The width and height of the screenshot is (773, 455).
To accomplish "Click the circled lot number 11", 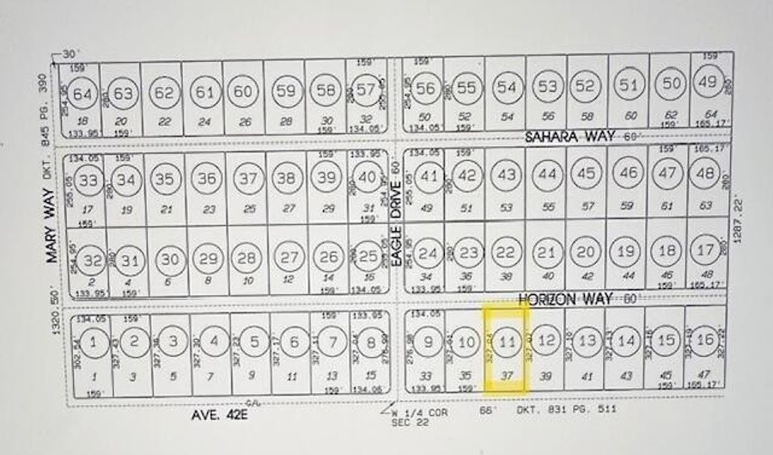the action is tap(507, 341).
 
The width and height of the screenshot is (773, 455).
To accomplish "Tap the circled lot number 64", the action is tap(83, 93).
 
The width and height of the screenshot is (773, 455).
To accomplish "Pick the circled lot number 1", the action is tap(94, 341).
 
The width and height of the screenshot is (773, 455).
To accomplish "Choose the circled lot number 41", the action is tap(429, 175).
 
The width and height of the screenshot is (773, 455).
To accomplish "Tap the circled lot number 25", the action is tap(368, 256).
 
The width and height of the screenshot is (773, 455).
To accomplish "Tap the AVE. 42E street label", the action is tap(220, 415).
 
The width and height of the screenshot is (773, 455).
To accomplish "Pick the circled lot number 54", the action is tap(507, 87).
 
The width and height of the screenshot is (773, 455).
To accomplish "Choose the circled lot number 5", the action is tap(253, 341).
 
